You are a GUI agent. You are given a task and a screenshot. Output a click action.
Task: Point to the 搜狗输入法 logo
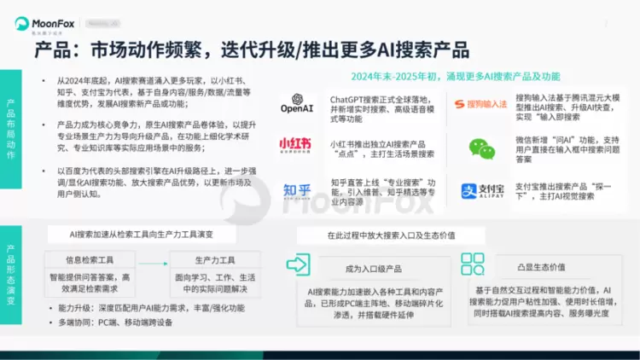[480, 104]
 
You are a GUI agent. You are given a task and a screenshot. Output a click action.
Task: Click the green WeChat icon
[480, 148]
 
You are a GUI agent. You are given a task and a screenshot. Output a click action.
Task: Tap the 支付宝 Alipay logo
[480, 190]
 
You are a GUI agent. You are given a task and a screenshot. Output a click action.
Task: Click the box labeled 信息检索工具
[88, 260]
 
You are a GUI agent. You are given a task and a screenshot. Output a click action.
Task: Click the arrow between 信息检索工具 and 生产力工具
[150, 260]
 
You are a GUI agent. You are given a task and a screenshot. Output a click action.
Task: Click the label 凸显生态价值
[540, 268]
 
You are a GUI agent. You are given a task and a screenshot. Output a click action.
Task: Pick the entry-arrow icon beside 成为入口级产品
[300, 264]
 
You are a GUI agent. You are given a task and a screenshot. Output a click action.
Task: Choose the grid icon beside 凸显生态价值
[473, 264]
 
